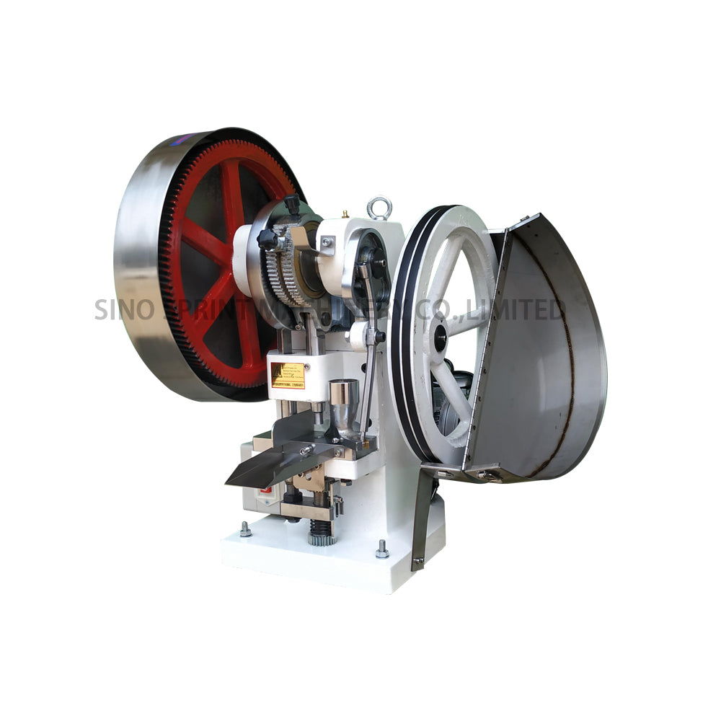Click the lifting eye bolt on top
point(378,208)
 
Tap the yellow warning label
point(288,376)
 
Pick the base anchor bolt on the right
point(381,550)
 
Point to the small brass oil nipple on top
point(345,213)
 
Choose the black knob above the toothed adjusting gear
point(291,203)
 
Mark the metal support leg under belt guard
point(421,519)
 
